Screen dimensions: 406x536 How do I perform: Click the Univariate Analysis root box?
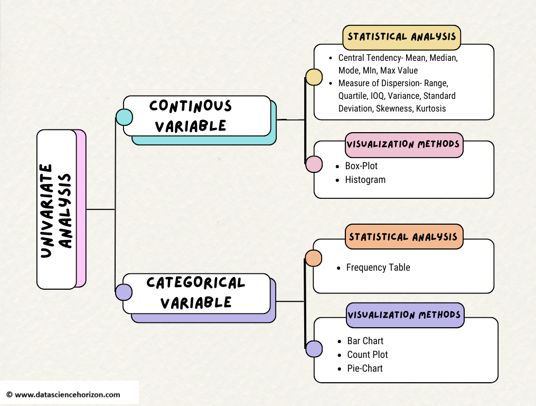coord(57,209)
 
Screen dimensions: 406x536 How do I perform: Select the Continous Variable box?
coord(196,116)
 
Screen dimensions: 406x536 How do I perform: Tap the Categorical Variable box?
coord(196,293)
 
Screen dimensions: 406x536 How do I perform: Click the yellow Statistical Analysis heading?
coord(402,37)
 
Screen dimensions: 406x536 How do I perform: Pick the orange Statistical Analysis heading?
coord(403,237)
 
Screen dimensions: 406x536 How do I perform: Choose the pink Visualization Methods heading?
coord(403,144)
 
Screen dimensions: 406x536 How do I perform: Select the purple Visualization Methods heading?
coord(405,315)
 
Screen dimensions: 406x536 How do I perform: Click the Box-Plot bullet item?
coord(361,166)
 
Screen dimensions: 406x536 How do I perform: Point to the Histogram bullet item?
coord(365,180)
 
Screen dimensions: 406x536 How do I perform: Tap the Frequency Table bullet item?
coord(378,267)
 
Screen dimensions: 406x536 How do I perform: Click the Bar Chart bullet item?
coord(365,341)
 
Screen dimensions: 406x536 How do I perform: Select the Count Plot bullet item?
coord(368,355)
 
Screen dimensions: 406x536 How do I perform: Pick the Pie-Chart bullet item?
coord(365,368)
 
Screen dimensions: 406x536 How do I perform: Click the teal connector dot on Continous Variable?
coord(124,117)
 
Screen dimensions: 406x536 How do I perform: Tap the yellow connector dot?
coord(314,77)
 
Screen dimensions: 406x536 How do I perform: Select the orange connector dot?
coord(314,258)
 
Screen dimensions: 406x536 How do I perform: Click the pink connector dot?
coord(314,164)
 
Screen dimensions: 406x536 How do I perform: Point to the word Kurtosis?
coord(431,108)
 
